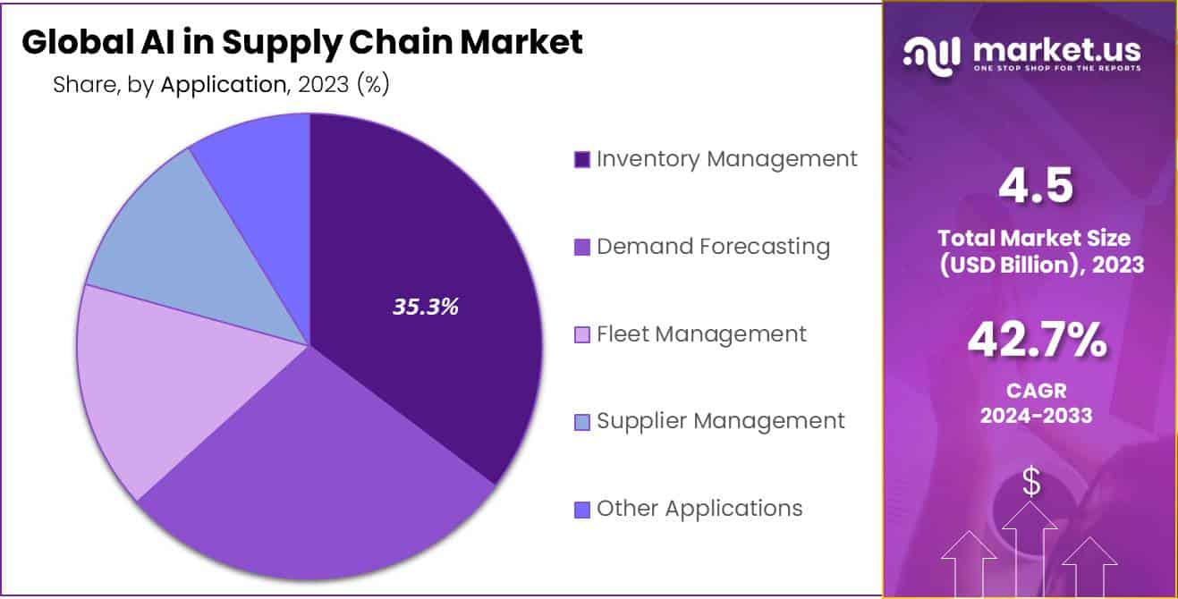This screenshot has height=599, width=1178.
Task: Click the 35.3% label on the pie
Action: pos(425,307)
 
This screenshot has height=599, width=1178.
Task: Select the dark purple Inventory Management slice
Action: pos(420,232)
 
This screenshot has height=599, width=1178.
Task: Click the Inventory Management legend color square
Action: pos(581,160)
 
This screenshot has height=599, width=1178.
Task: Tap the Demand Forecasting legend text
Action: pos(713,246)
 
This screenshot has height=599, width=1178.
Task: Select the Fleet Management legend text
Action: pos(701,333)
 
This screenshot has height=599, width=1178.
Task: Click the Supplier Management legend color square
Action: pos(581,422)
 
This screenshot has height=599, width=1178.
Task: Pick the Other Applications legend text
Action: pos(699,509)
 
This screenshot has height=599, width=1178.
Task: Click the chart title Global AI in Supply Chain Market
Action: pos(301,43)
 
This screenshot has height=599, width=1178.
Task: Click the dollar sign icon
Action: pos(1031,484)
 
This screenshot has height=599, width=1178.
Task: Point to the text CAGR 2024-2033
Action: pos(1036,403)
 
